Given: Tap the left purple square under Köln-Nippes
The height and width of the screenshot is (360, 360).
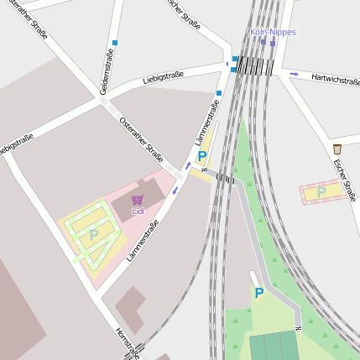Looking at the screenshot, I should pos(263,41).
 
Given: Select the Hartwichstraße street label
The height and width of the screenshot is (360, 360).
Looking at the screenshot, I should pos(335,80).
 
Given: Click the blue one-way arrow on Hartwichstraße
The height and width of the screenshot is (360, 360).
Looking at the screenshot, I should pos(294,75).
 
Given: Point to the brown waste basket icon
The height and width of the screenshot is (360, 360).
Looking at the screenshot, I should pos(337,149).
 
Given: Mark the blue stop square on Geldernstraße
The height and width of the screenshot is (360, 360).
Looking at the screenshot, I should pos(115,42).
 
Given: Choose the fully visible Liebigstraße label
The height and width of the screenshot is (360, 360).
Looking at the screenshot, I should pos(163,78).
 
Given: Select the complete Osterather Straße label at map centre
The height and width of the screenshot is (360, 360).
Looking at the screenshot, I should pos(142,138).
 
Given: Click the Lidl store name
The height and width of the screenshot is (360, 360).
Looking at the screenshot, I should pos(138,211).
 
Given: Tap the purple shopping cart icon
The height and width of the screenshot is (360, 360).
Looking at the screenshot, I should pos(138,200).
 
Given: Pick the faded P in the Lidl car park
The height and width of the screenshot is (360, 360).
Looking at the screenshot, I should pos(94,236).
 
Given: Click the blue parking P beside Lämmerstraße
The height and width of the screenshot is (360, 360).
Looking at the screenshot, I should pos(202,156).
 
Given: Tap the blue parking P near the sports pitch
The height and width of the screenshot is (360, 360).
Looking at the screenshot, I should pos(258,293).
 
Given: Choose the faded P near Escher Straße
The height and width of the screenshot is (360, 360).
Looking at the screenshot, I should pos(321,193).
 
